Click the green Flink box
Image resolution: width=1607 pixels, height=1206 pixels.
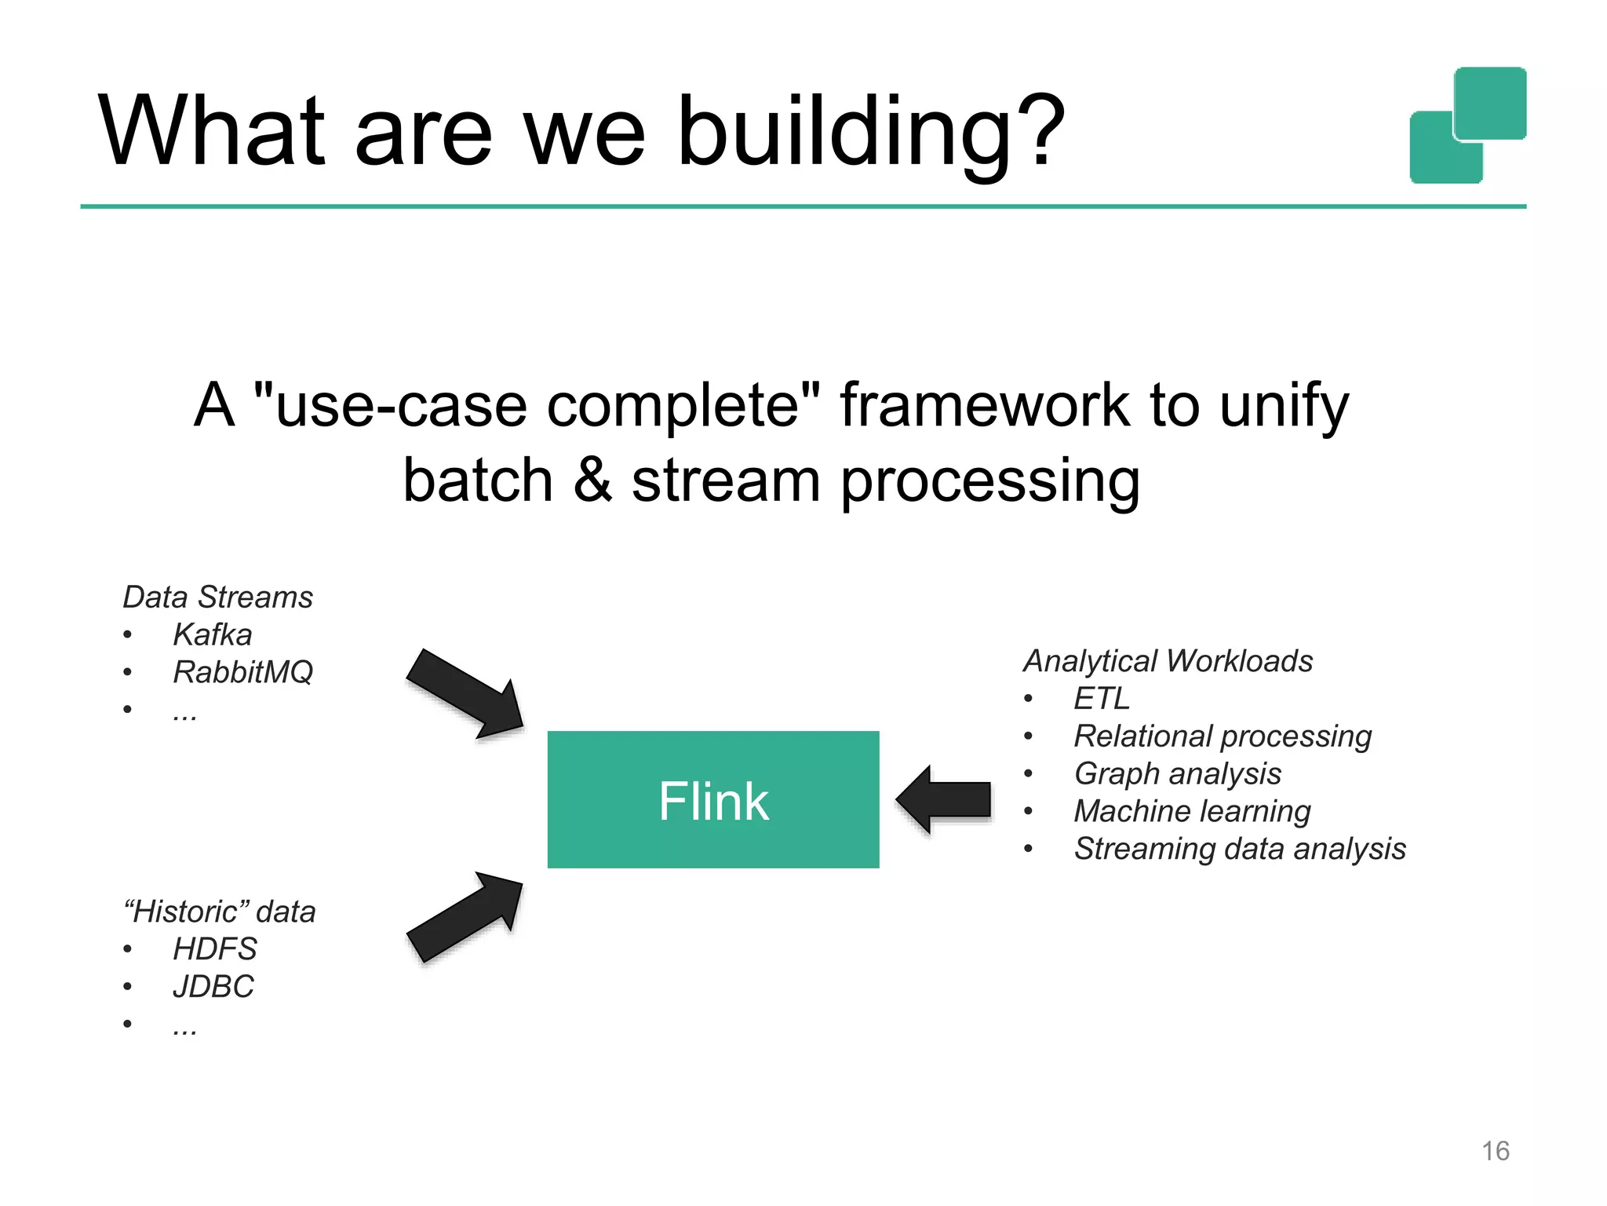[x=712, y=799]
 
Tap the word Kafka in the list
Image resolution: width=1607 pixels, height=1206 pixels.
[x=212, y=634]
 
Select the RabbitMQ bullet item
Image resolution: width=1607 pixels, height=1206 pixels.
[x=242, y=672]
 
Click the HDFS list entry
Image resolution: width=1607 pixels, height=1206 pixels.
[x=214, y=949]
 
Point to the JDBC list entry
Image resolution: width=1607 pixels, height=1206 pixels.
[x=213, y=987]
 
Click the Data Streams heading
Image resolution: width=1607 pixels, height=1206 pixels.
[x=217, y=598]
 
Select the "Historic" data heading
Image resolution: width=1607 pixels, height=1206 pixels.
[x=220, y=912]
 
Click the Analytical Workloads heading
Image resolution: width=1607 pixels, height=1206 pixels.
[x=1168, y=661]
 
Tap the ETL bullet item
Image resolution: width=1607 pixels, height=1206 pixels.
[x=1101, y=699]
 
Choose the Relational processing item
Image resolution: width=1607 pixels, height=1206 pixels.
[x=1222, y=736]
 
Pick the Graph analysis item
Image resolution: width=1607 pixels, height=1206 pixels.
[x=1177, y=774]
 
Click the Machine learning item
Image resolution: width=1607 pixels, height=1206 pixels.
[x=1192, y=811]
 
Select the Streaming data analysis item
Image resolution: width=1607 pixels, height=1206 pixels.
[x=1239, y=849]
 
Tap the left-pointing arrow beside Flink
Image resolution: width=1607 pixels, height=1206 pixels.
[x=944, y=799]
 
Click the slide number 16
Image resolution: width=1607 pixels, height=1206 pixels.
[x=1495, y=1151]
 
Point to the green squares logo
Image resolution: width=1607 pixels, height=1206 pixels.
[x=1467, y=126]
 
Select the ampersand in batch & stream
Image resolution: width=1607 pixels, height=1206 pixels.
[x=592, y=480]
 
